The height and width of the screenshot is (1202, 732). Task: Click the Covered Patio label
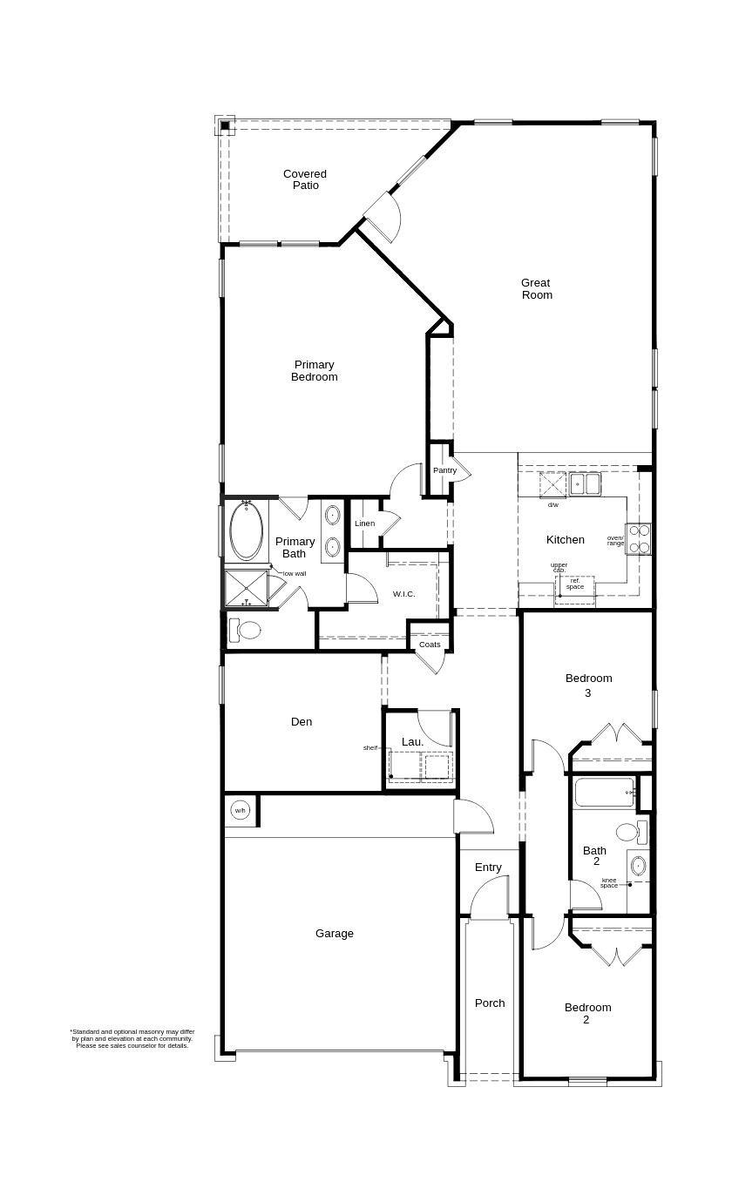305,179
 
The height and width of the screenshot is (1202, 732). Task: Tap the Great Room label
537,288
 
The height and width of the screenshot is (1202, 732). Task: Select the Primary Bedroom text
314,371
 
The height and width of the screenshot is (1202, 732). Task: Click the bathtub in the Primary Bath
247,531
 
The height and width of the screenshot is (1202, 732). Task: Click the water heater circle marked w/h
241,810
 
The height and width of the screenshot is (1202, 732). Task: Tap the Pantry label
444,470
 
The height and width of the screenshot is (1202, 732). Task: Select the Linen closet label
364,523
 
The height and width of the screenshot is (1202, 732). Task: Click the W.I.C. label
403,594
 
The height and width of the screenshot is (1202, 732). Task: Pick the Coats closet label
430,645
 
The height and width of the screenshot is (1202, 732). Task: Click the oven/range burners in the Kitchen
639,538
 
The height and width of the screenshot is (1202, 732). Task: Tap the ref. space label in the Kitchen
575,584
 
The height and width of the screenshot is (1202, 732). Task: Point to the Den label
302,721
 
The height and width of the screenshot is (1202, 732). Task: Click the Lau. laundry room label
412,742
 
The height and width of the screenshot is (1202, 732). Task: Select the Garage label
335,934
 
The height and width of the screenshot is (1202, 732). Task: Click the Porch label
490,1003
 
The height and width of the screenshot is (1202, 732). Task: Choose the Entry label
488,868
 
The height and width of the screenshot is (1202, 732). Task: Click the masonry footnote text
132,1038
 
